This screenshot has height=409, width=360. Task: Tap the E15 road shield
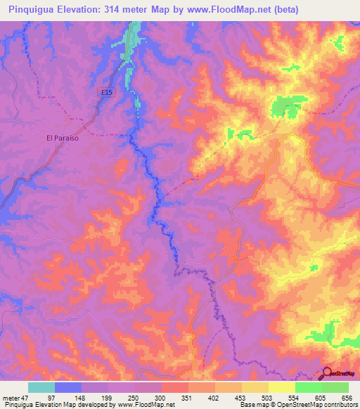pos(105,92)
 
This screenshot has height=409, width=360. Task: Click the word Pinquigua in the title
pos(33,10)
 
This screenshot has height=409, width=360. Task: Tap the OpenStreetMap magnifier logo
pos(328,374)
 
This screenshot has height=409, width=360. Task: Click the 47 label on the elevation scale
pos(26,397)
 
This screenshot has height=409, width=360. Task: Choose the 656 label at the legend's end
pos(346,397)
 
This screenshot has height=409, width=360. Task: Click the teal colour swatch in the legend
pos(41,387)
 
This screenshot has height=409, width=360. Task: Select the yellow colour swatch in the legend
pos(282,387)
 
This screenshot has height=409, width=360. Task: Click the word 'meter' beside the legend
pos(11,397)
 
